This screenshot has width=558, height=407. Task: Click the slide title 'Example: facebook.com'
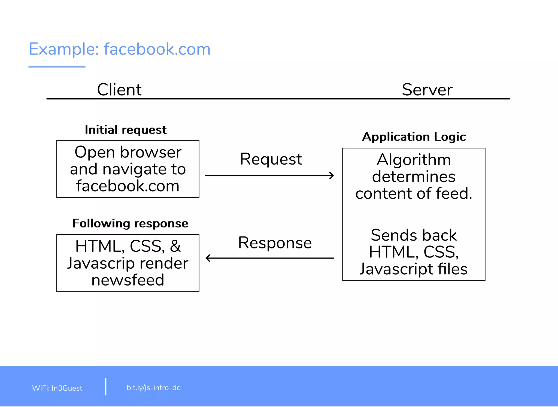[x=120, y=49]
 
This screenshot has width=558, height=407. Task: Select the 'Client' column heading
[x=119, y=90]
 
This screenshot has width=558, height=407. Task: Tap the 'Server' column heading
[x=427, y=90]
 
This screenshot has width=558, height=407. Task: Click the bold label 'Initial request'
[x=126, y=130]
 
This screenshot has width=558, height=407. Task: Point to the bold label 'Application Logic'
[x=414, y=137]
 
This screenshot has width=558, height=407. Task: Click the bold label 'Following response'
[x=130, y=223]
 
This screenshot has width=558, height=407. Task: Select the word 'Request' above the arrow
[x=271, y=159]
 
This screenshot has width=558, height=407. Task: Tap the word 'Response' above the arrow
[x=275, y=243]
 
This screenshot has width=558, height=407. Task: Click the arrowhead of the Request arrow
[x=332, y=176]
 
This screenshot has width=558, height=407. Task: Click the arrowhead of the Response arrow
[x=208, y=258]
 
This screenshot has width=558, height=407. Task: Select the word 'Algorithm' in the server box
[x=414, y=160]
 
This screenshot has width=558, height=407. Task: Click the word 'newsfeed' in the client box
[x=128, y=280]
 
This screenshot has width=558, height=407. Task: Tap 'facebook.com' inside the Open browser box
[x=128, y=186]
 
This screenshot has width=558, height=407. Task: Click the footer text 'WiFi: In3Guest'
[x=57, y=388]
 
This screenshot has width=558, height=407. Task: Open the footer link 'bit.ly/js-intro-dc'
[x=153, y=388]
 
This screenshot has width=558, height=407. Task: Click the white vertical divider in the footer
[x=106, y=387]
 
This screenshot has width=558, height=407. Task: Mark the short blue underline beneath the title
[x=57, y=67]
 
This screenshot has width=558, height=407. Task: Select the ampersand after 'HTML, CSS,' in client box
[x=175, y=246]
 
